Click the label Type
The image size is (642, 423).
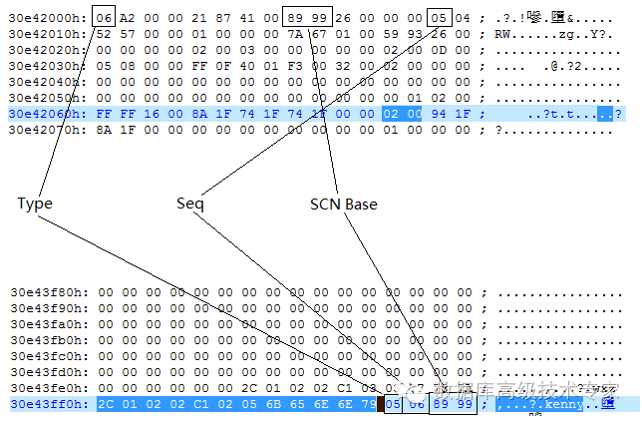(34, 204)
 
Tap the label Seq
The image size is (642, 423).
(189, 204)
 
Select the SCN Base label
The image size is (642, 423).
(344, 204)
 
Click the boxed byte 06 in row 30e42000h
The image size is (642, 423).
(105, 17)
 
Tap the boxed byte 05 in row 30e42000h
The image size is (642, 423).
(440, 17)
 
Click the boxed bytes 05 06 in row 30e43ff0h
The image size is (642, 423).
(404, 404)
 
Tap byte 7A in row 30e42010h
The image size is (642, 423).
(296, 33)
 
